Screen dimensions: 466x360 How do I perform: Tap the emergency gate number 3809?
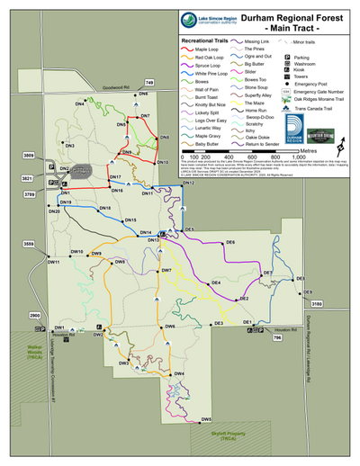click(x=30, y=157)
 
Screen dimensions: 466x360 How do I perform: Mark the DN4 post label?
click(x=79, y=105)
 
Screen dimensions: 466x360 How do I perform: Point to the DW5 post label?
click(x=206, y=419)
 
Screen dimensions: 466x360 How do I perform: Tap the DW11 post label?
click(x=53, y=262)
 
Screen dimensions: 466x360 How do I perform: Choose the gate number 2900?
click(x=35, y=317)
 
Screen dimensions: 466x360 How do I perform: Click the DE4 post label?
click(x=216, y=283)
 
